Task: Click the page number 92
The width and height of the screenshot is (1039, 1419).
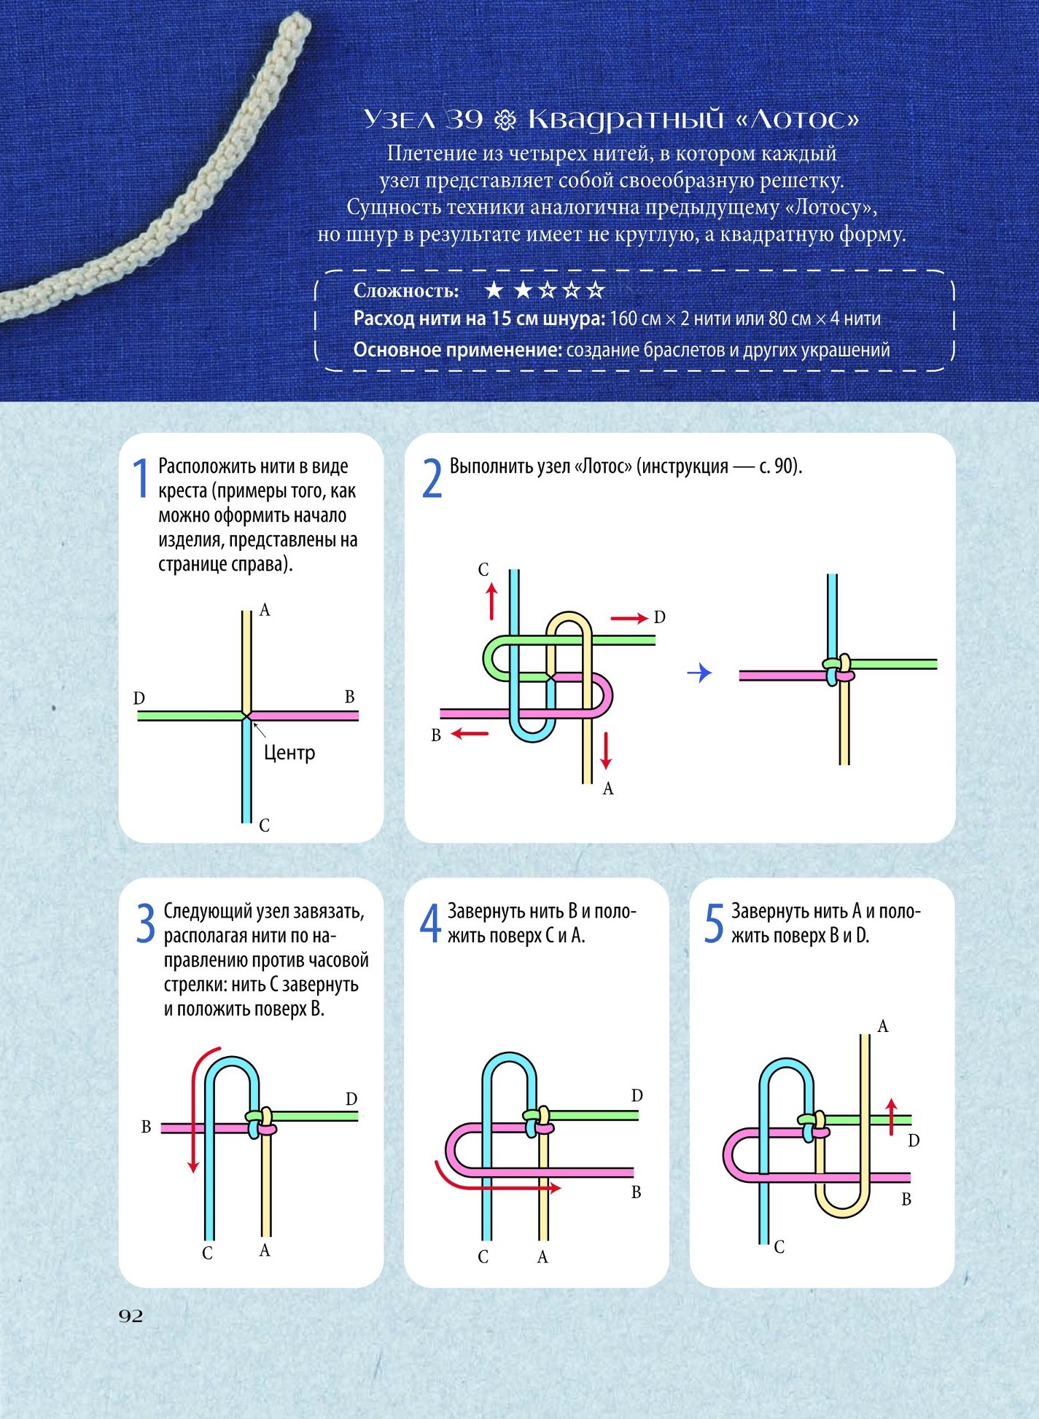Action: tap(131, 1315)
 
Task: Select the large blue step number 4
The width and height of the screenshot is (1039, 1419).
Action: tap(430, 923)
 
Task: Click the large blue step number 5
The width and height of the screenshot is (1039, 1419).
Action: tap(714, 923)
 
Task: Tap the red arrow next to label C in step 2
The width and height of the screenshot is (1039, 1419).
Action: tap(492, 601)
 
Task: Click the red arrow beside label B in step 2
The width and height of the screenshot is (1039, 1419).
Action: tap(470, 733)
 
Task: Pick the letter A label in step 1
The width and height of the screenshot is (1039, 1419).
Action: tap(265, 610)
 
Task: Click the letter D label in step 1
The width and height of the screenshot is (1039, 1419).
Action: tap(139, 698)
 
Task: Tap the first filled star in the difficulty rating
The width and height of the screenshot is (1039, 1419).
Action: tap(494, 290)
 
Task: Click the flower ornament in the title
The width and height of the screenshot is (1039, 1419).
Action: tap(505, 120)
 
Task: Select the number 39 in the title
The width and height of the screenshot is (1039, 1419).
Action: tap(464, 119)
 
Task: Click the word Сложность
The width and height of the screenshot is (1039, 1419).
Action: tap(406, 291)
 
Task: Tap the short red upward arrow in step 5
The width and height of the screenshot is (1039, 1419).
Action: tap(891, 1117)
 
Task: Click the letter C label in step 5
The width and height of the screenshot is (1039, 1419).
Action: tap(779, 1247)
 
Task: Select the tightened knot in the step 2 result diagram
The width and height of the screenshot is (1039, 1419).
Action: tap(838, 670)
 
